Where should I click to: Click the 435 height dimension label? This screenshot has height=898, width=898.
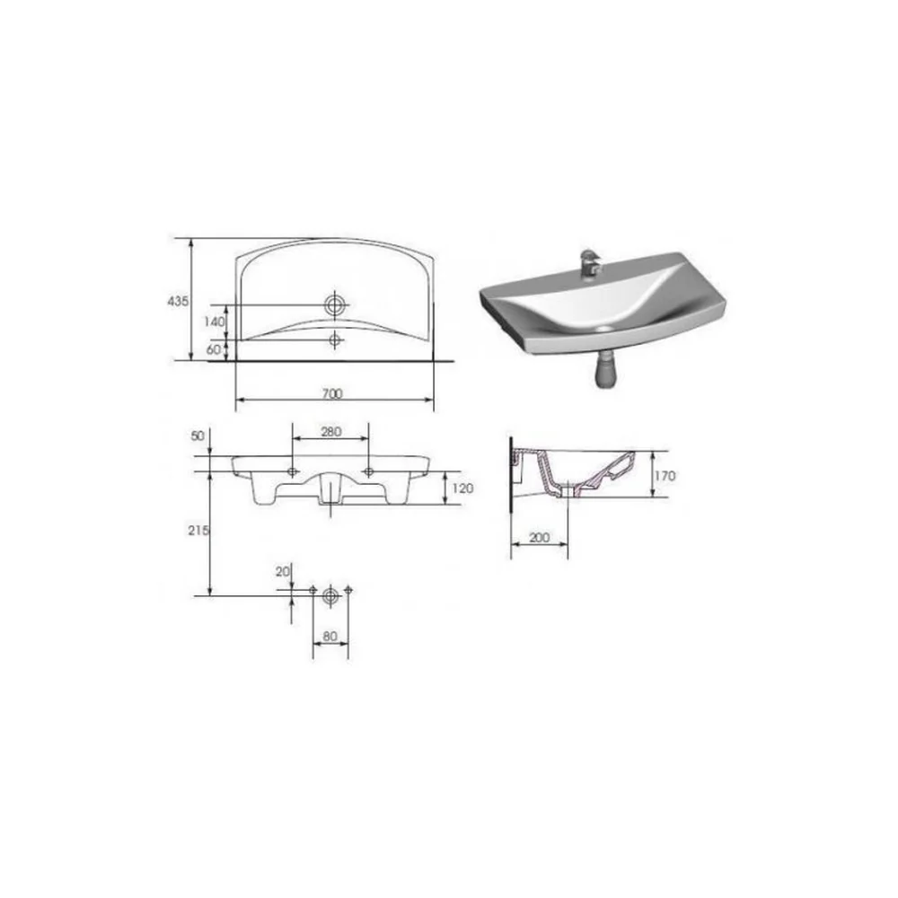point(178,301)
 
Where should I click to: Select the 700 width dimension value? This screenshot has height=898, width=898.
point(332,393)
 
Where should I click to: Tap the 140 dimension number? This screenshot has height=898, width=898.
point(215,321)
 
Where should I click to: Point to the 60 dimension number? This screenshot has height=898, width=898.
point(214,349)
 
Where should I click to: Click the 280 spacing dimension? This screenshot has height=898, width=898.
point(331,431)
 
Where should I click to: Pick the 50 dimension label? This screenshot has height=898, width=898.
point(198,436)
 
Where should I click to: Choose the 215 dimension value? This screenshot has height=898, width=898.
point(198,531)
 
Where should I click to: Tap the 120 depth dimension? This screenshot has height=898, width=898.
point(462,488)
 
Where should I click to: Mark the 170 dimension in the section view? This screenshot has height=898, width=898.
point(665,475)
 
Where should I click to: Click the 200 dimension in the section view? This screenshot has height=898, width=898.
point(539,537)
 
